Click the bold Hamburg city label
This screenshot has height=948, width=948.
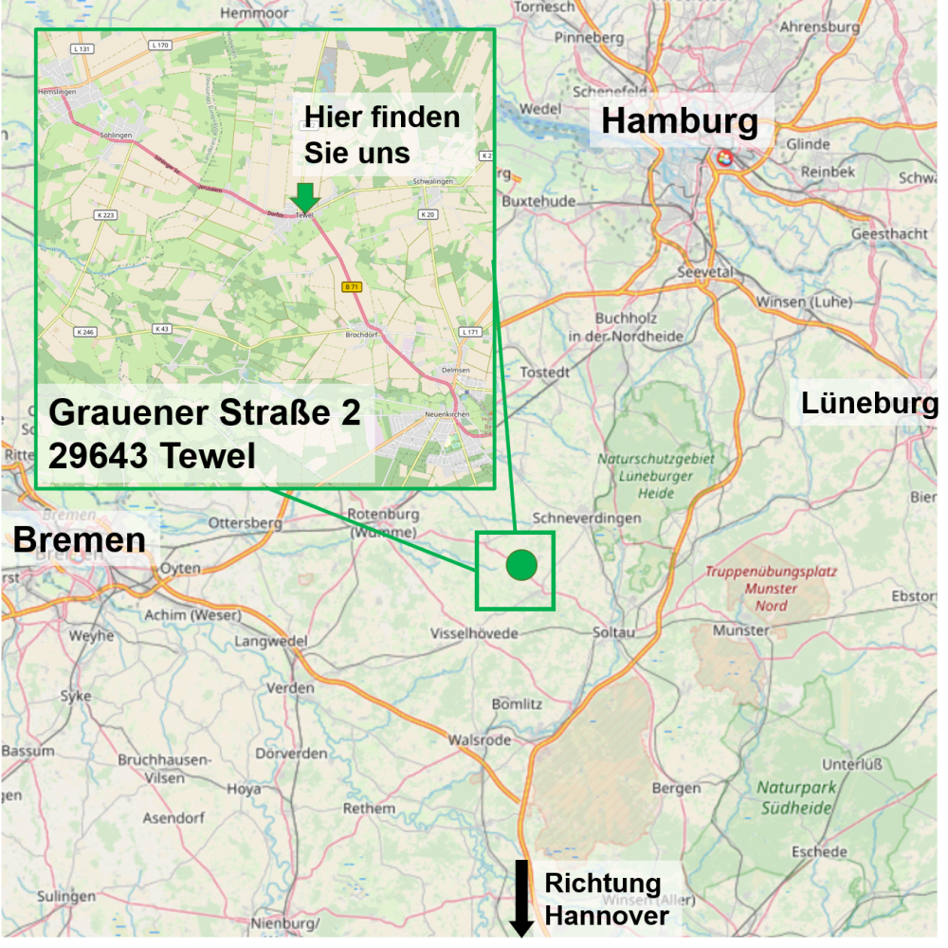[x=680, y=121]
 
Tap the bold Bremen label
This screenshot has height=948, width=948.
[x=79, y=539]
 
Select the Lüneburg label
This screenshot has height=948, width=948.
[x=869, y=403]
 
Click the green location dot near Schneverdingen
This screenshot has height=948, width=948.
[x=521, y=565]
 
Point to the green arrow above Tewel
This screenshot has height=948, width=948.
[x=304, y=197]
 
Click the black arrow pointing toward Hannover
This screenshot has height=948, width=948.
[x=521, y=897]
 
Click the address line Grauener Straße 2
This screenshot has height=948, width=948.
[x=204, y=413]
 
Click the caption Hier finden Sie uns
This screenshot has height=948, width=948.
[x=381, y=134]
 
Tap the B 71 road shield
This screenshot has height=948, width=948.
[x=352, y=285]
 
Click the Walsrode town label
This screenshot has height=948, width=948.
[x=479, y=739]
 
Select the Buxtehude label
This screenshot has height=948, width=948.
[x=538, y=202]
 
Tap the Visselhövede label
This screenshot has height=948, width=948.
[x=475, y=632]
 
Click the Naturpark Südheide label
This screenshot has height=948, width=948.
[x=796, y=797]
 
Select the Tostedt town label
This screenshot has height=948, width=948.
[x=545, y=373]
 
